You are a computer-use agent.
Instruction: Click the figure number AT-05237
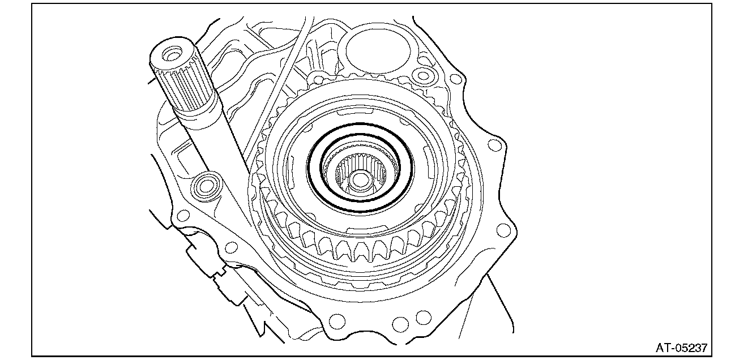pyautogui.click(x=682, y=348)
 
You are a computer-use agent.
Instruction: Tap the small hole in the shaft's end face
pyautogui.click(x=172, y=54)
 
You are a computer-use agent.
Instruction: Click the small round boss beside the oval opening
pyautogui.click(x=424, y=75)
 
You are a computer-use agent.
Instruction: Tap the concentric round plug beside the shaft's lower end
pyautogui.click(x=206, y=186)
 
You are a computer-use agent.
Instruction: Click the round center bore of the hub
pyautogui.click(x=360, y=180)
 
